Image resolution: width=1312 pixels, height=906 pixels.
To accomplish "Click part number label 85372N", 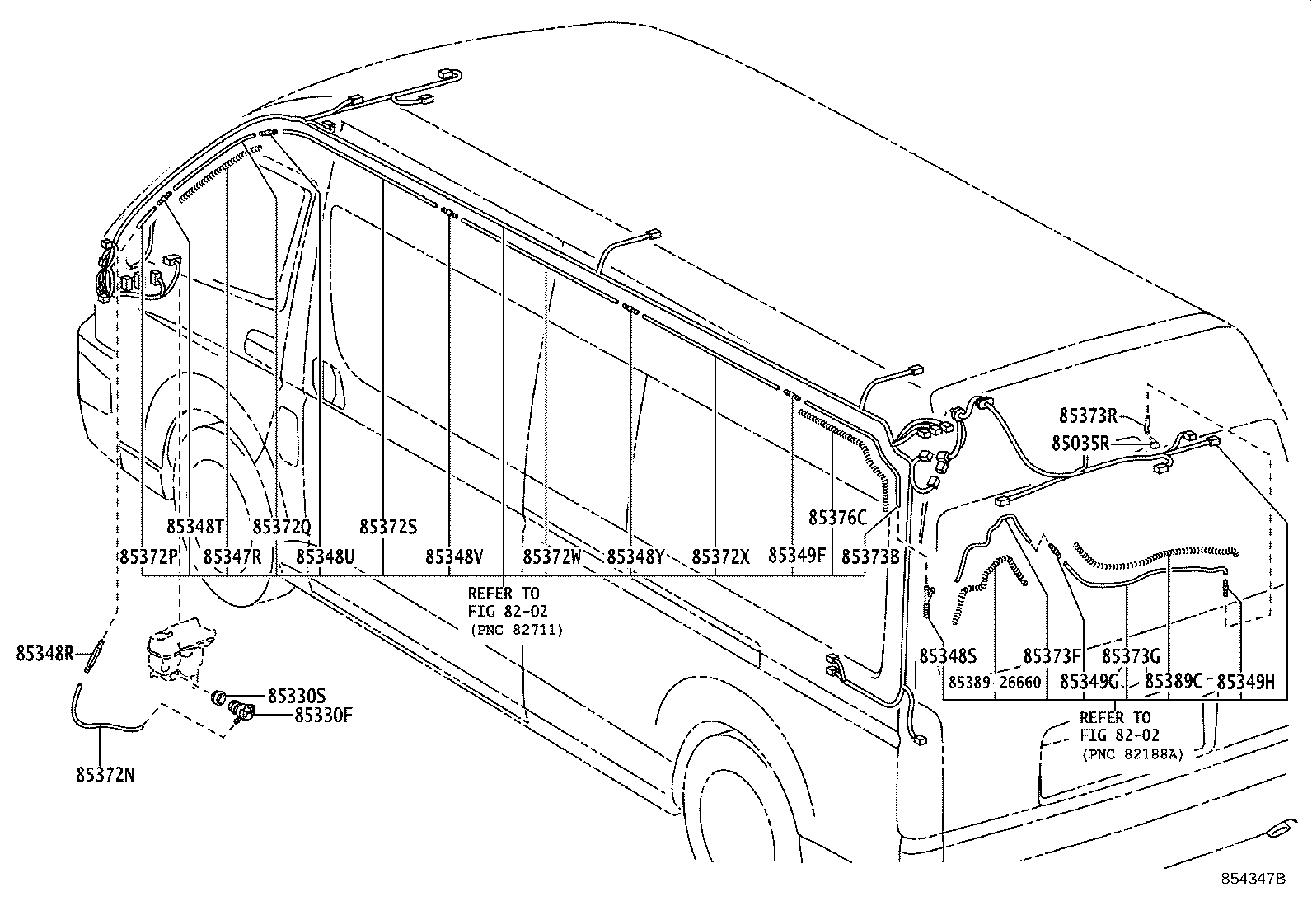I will [105, 775].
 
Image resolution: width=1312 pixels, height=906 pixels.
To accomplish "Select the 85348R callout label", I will [45, 655].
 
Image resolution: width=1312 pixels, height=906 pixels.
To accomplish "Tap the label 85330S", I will [297, 697].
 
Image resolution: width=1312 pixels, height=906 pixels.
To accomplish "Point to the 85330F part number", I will [324, 715].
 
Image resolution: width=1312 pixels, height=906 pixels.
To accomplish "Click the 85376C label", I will [837, 518].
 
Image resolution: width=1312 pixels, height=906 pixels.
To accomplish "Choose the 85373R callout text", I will [1088, 415].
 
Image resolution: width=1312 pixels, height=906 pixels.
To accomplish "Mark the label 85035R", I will [1080, 444].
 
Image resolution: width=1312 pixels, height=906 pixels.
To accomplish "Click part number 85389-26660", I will [994, 682].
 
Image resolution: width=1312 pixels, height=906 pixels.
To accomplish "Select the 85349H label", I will [1245, 682].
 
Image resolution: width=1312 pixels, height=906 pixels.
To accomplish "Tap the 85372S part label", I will [388, 527].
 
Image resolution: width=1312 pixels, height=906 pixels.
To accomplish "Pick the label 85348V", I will [454, 557].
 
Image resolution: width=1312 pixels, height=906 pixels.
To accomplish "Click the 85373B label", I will [870, 557].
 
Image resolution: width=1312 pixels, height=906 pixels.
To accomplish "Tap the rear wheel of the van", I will [725, 791].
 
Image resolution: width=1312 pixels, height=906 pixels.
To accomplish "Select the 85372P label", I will [149, 557].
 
